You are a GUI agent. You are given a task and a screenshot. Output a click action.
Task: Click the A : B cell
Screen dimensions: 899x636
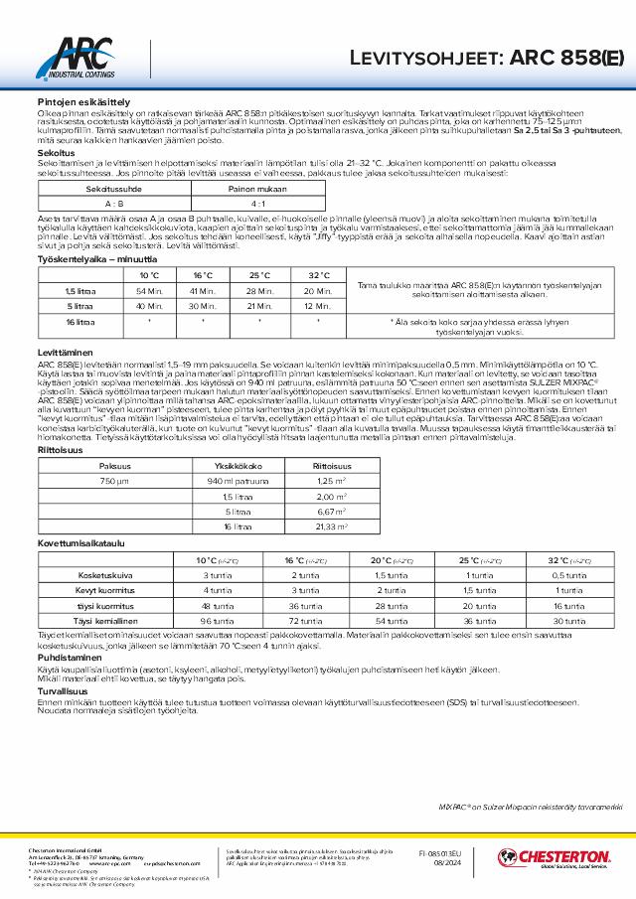(x=86, y=202)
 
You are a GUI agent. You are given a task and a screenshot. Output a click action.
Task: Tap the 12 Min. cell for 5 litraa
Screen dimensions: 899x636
(x=318, y=306)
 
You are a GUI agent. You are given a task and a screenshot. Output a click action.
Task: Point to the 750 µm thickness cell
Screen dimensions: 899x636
(x=86, y=481)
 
